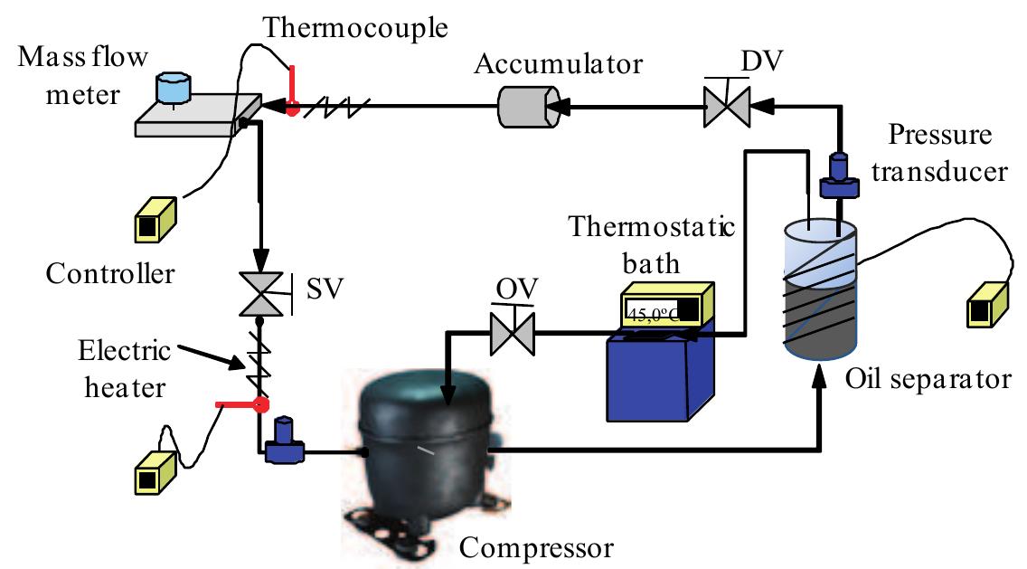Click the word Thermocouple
click(356, 27)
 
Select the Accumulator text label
click(559, 65)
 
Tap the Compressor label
click(537, 547)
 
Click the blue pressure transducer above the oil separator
click(836, 176)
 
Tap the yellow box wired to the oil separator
click(987, 304)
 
